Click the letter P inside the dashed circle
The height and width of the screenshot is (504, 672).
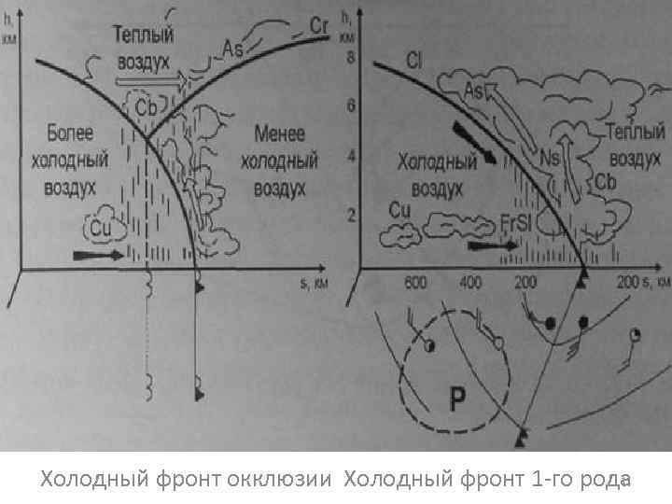(x=457, y=400)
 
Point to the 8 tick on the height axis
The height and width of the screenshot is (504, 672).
(x=350, y=57)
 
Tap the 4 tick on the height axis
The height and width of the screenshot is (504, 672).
(x=350, y=157)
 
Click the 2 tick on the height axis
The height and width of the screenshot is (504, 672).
(x=350, y=216)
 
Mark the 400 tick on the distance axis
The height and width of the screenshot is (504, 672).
(x=471, y=282)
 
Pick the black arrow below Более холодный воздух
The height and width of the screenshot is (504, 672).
(x=96, y=253)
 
